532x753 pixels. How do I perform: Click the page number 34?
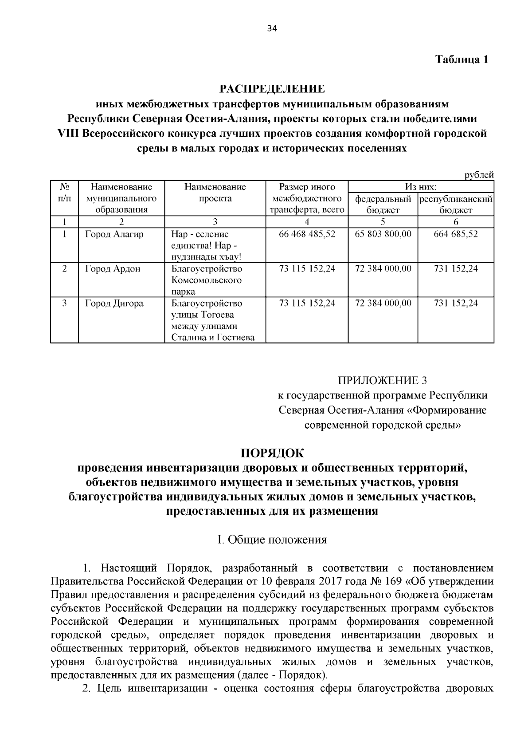click(272, 29)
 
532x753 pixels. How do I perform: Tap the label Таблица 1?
click(462, 59)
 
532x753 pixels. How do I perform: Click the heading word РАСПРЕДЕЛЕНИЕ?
click(272, 89)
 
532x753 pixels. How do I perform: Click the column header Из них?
click(421, 187)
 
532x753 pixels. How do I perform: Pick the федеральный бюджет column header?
click(383, 204)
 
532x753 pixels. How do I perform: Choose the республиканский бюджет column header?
click(456, 204)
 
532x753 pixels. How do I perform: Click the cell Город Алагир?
click(114, 234)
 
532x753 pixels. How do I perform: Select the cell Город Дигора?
click(114, 304)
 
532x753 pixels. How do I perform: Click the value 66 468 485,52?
click(307, 234)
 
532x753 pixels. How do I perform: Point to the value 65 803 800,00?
click(383, 234)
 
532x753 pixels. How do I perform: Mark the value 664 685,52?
click(456, 234)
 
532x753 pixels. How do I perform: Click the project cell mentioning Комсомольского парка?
click(207, 280)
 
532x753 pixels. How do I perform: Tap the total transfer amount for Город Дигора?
click(307, 304)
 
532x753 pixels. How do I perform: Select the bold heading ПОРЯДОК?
click(272, 453)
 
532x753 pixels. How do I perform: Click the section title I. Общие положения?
click(272, 540)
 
